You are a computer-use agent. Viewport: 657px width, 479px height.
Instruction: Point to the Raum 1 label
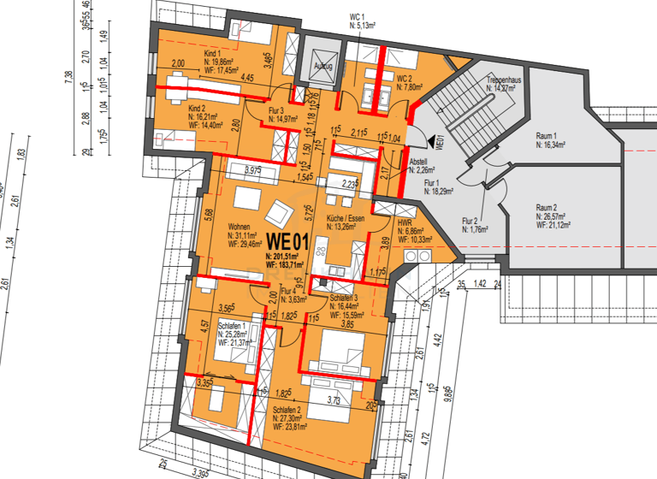pyautogui.click(x=547, y=137)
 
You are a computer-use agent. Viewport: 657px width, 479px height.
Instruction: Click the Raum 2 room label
pyautogui.click(x=547, y=208)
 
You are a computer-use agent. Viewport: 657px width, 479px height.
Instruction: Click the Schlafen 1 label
pyautogui.click(x=234, y=326)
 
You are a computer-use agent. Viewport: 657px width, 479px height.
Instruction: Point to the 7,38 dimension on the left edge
pyautogui.click(x=68, y=79)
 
